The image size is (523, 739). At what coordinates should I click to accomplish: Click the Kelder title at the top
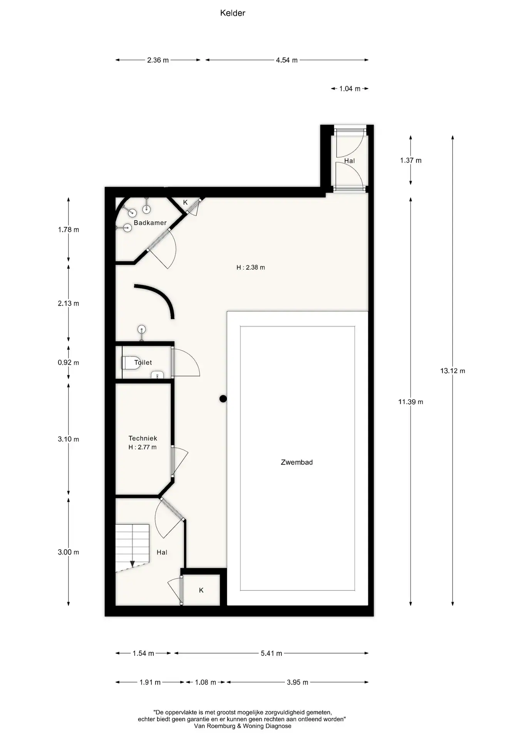(233, 13)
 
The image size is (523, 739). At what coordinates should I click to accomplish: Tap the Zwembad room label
(297, 462)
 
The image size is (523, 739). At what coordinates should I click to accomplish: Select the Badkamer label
(150, 223)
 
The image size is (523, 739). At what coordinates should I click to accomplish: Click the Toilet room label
(143, 363)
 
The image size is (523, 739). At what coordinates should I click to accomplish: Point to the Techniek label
(143, 438)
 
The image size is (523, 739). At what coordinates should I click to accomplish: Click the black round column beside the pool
(223, 399)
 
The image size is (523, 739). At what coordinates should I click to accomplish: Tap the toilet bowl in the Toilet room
(131, 363)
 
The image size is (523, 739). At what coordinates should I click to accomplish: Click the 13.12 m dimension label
(453, 371)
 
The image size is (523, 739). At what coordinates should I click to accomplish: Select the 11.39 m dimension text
(411, 402)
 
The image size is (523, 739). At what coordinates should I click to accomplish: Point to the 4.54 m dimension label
(287, 60)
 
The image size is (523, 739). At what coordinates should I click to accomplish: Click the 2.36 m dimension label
(158, 60)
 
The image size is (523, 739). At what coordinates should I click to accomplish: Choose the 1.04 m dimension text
(350, 89)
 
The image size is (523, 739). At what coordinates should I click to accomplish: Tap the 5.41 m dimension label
(272, 653)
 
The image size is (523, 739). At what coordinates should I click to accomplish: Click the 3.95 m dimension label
(297, 682)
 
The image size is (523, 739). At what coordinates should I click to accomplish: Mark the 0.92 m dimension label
(69, 363)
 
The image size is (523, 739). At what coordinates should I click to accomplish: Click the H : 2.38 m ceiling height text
(251, 268)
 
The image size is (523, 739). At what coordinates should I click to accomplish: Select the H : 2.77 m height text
(142, 447)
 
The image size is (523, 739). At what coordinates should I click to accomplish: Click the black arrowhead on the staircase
(132, 564)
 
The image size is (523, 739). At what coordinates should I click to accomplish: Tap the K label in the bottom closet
(201, 590)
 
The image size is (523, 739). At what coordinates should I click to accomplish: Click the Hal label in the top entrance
(350, 161)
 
